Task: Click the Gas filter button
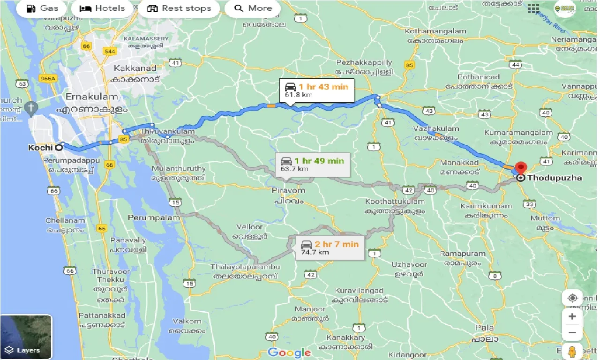(x=43, y=8)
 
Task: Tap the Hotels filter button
(x=102, y=8)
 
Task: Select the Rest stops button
(x=179, y=8)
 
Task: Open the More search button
(x=253, y=8)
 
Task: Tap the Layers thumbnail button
(x=26, y=337)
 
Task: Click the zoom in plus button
(x=572, y=316)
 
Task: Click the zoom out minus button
(x=572, y=333)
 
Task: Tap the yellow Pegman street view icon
(x=572, y=351)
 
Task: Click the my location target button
(x=572, y=298)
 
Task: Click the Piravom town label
(x=288, y=191)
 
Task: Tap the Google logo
(x=289, y=352)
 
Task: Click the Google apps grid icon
(x=533, y=8)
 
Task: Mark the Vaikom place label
(x=187, y=321)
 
